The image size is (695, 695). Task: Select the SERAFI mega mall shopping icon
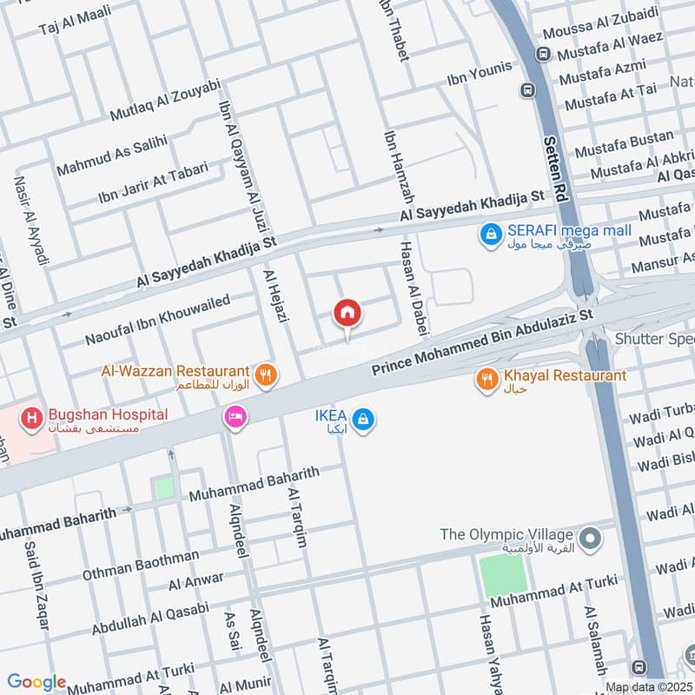tap(491, 233)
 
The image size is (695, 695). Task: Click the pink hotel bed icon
tap(235, 418)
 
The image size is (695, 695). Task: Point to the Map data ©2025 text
tap(647, 687)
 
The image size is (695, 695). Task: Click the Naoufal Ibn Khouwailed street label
tap(157, 319)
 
